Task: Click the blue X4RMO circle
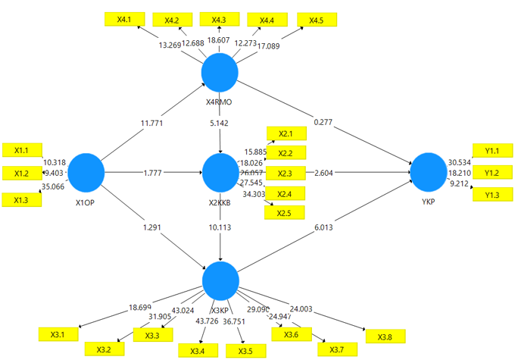point(220,72)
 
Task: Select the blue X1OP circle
point(85,172)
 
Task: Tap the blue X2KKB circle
point(220,172)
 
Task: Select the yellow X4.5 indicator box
point(317,20)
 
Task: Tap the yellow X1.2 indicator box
point(21,174)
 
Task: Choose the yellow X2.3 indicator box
point(286,174)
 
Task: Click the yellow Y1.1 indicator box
point(492,151)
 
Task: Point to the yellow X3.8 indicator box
point(384,336)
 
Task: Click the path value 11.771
point(151,121)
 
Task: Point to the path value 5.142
point(220,121)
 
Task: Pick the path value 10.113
point(220,227)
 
